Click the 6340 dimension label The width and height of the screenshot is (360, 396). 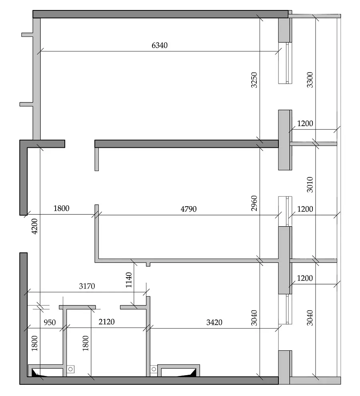(x=160, y=45)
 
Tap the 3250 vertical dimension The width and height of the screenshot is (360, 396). (x=254, y=80)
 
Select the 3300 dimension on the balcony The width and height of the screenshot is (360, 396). (x=310, y=80)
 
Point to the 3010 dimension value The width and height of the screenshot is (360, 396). (x=310, y=185)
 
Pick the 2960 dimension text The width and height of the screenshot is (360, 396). (x=254, y=203)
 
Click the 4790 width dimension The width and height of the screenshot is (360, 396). (x=188, y=209)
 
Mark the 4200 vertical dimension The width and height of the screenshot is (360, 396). (x=34, y=226)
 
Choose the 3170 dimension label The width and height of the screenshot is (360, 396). (x=87, y=286)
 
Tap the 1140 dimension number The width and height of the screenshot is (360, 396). (x=129, y=280)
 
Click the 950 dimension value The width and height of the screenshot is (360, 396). (x=50, y=322)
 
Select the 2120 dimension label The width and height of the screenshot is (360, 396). (x=106, y=322)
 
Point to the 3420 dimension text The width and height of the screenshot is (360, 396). (x=214, y=322)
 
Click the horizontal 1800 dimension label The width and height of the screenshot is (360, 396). (x=61, y=208)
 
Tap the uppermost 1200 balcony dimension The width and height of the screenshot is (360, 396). (x=305, y=123)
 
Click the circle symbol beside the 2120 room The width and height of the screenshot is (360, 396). (x=71, y=369)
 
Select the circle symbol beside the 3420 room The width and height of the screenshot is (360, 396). (x=154, y=369)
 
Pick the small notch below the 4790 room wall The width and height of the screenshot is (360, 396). (x=148, y=264)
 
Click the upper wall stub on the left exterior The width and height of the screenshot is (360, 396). (x=27, y=35)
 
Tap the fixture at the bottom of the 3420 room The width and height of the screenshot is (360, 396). (x=179, y=370)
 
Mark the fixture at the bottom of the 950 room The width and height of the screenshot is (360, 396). (x=46, y=370)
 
